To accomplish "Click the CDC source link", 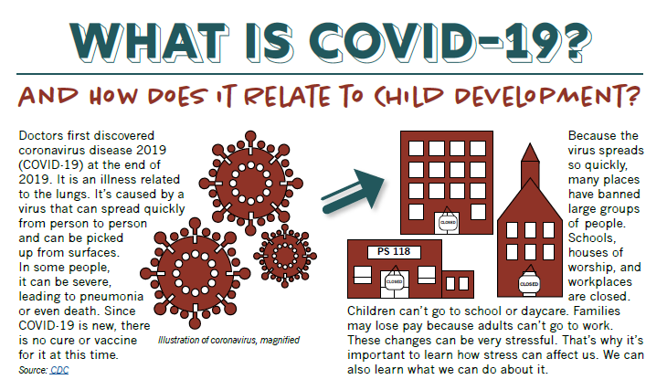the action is coord(59,370).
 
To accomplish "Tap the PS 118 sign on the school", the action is coord(394,252).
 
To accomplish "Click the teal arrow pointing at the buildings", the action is coord(353,191).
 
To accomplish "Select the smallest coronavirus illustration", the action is coord(285,256).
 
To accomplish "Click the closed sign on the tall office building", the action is coord(448,222).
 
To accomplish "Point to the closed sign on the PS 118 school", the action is coord(394,281).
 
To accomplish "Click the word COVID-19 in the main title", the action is coord(450,43).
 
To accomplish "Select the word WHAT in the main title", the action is coord(150,43).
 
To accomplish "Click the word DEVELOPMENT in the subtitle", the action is coord(547,96).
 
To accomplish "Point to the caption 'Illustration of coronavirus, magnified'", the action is coord(228,341).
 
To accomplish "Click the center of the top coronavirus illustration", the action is coord(251,184).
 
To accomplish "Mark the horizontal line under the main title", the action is coord(330,74).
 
